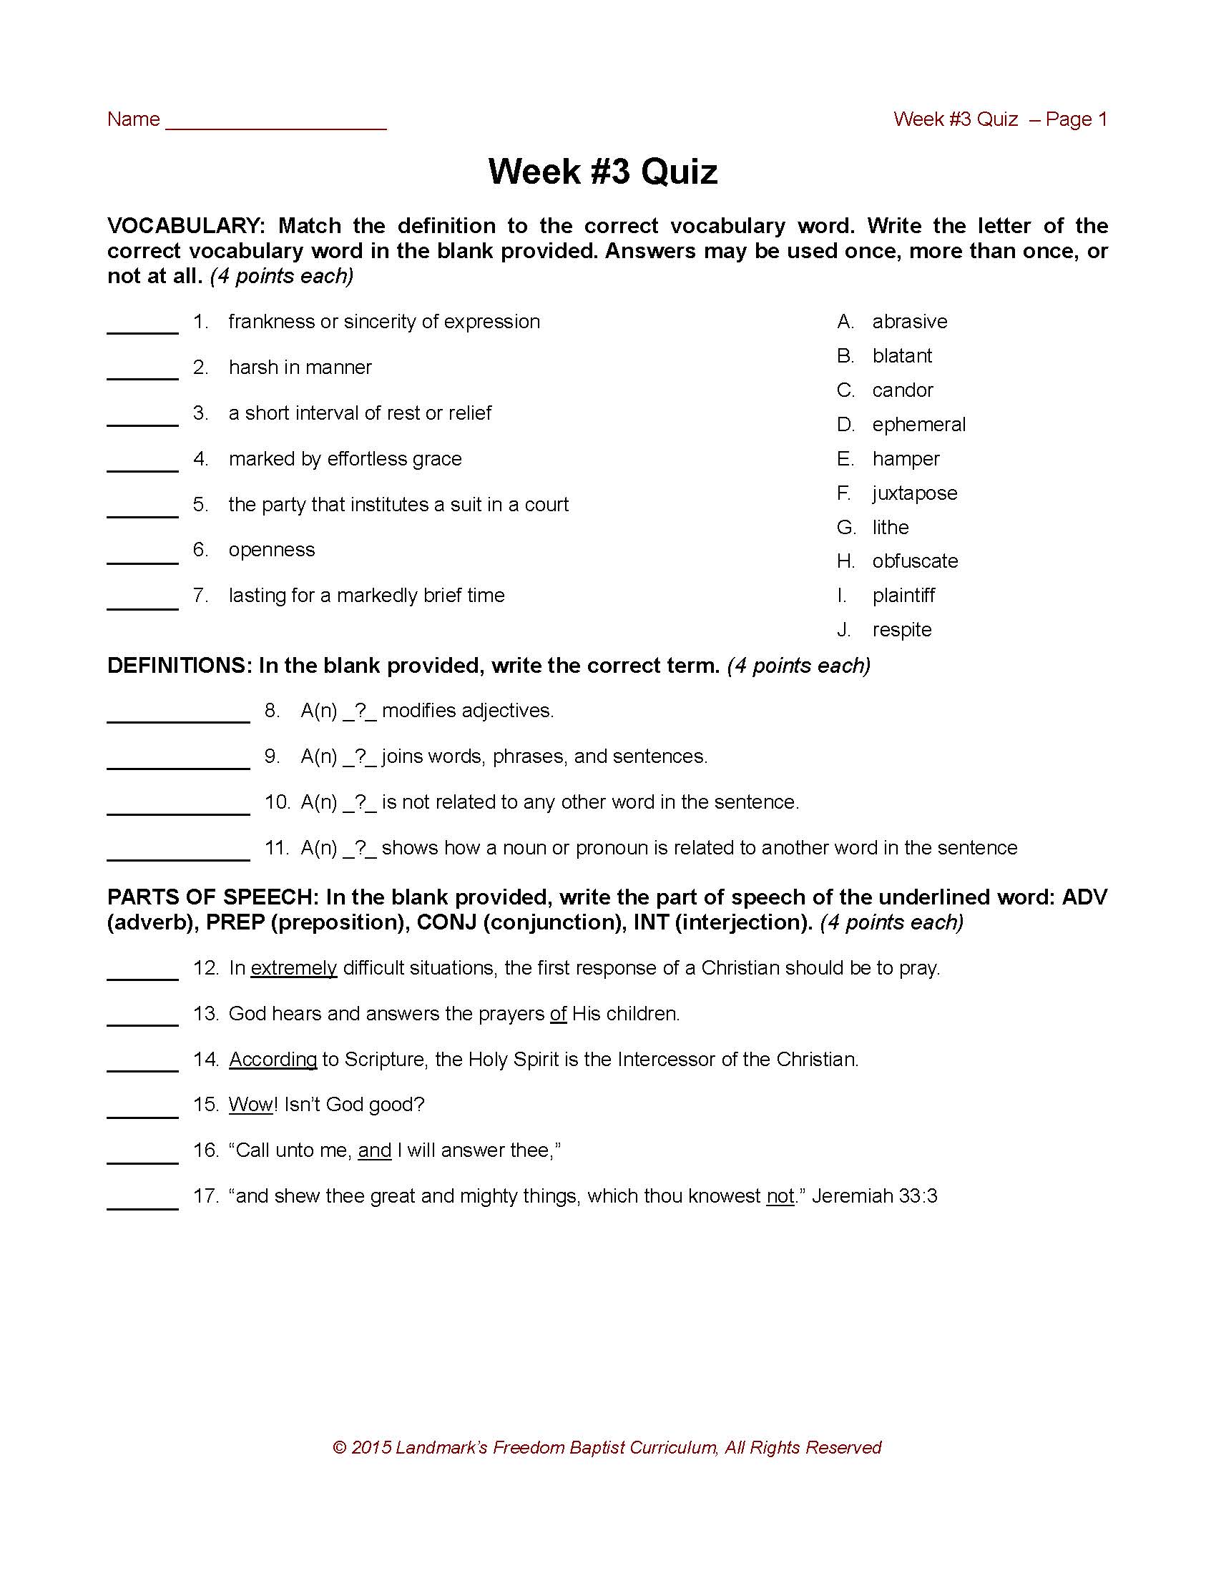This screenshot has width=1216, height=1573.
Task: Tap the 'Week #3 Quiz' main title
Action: pos(603,172)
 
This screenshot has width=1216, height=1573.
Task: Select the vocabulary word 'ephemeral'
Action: pos(918,424)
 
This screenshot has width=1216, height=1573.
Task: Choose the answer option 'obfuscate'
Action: pos(915,561)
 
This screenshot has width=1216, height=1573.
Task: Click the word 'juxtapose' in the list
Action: pos(914,493)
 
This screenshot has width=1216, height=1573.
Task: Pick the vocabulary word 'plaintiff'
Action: pos(903,596)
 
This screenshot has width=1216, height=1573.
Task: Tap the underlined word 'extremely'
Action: pos(294,968)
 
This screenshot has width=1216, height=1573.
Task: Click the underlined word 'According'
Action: pos(273,1060)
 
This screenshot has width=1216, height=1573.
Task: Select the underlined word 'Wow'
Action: pos(250,1105)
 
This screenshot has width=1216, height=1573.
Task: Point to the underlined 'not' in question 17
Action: pos(780,1196)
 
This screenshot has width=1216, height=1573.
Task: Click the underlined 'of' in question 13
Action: pos(559,1014)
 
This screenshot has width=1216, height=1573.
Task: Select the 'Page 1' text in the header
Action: pos(1077,119)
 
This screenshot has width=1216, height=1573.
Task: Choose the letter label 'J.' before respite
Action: pos(844,630)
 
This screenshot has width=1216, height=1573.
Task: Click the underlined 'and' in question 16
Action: pos(375,1150)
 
